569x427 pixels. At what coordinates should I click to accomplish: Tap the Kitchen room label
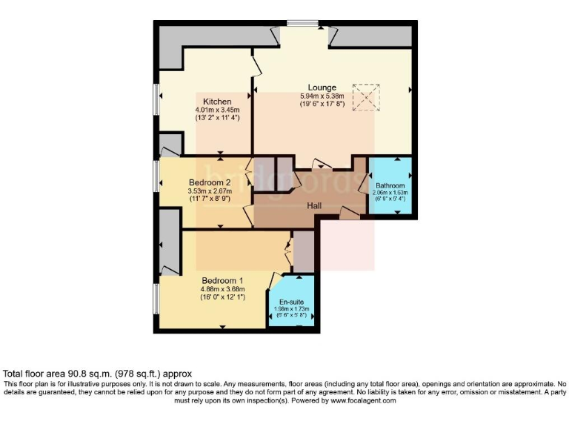[218, 102]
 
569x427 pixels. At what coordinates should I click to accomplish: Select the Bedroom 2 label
[210, 182]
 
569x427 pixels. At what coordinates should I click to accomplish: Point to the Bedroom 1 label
[223, 281]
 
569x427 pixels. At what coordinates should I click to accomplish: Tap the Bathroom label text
[390, 185]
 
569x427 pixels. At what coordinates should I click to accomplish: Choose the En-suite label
[293, 302]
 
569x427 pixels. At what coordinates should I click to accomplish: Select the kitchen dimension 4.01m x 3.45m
[218, 110]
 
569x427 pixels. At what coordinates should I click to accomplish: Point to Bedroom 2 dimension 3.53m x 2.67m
[210, 191]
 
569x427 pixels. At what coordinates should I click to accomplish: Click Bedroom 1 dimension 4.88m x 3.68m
[223, 289]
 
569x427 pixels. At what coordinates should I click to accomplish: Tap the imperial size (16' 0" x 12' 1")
[223, 297]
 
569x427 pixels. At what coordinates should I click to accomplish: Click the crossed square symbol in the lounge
[365, 97]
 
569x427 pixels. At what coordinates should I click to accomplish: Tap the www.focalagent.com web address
[359, 400]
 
